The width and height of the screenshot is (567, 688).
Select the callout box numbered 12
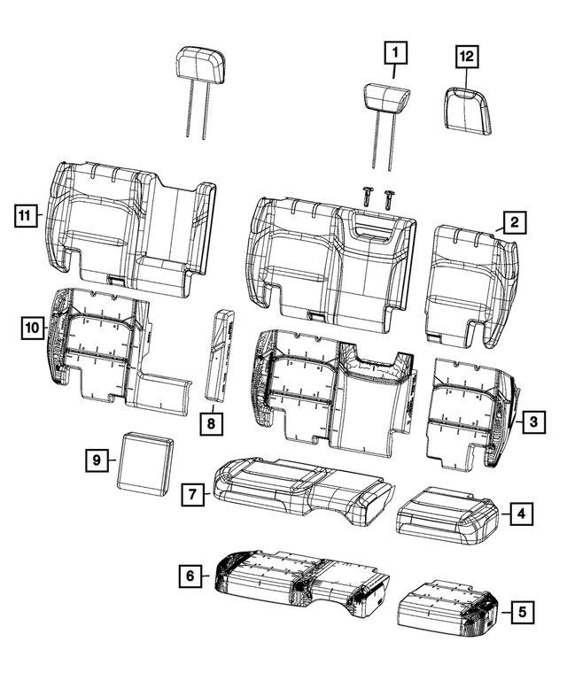[466, 56]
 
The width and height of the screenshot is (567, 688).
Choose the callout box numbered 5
[524, 610]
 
